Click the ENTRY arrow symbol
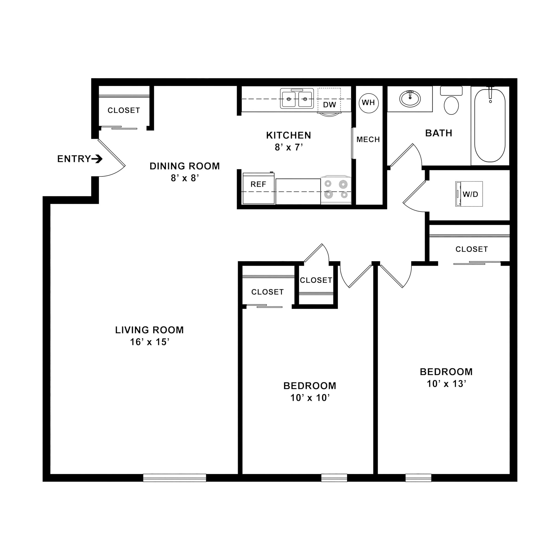97,159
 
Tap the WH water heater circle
368,103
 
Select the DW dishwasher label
329,105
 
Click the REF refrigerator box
258,188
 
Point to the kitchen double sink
297,99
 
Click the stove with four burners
336,189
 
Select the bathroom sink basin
410,99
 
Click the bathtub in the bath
490,125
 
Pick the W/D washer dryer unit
469,194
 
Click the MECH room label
368,140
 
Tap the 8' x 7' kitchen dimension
289,148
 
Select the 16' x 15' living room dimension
150,342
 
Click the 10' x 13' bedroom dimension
446,384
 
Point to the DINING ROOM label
185,166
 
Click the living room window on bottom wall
174,478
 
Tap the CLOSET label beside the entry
124,110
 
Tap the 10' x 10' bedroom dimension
310,398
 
